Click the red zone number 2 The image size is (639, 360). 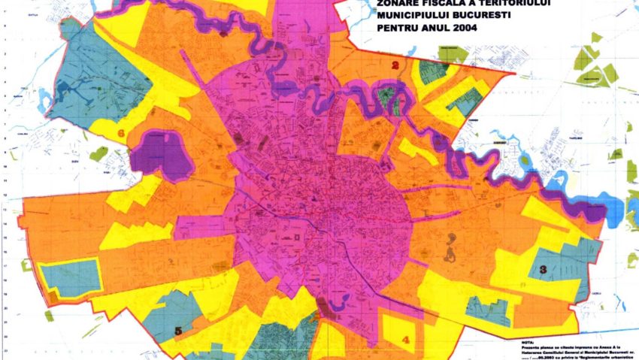click(x=395, y=65)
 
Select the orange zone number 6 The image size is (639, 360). click(x=121, y=134)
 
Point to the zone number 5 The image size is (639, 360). click(x=178, y=330)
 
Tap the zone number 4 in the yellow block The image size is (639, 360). click(x=406, y=340)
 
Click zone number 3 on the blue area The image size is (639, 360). click(x=543, y=268)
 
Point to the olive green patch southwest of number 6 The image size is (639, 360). click(x=98, y=154)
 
